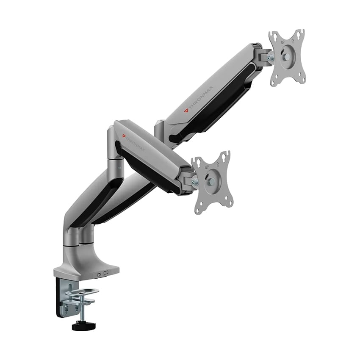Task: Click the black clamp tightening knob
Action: (x=83, y=326)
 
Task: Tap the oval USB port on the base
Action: (x=99, y=274)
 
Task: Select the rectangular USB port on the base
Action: (x=106, y=273)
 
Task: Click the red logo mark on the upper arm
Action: (x=187, y=111)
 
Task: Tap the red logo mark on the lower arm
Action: (x=124, y=136)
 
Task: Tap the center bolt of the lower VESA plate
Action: (x=210, y=181)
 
